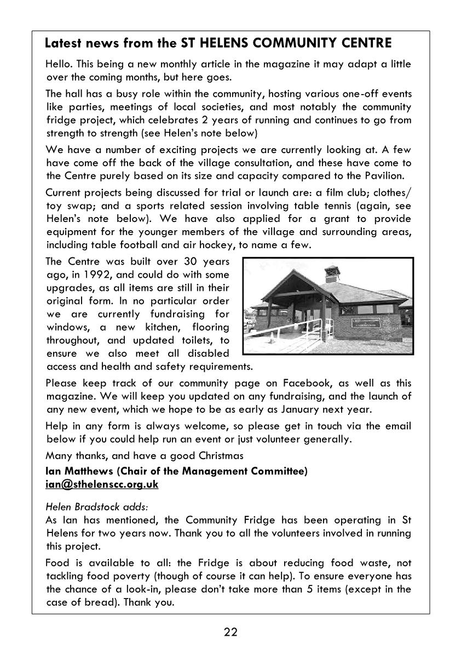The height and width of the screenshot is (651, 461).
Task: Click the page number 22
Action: point(231,632)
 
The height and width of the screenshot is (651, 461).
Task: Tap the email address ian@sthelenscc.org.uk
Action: point(102,484)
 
